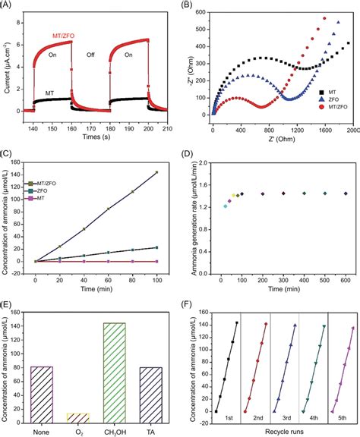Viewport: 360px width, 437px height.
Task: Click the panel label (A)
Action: coord(7,6)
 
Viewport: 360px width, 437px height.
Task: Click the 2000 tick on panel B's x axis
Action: coord(354,130)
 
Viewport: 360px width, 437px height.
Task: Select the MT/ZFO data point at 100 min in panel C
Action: coord(156,172)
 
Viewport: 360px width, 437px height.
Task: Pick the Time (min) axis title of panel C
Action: coord(96,288)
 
